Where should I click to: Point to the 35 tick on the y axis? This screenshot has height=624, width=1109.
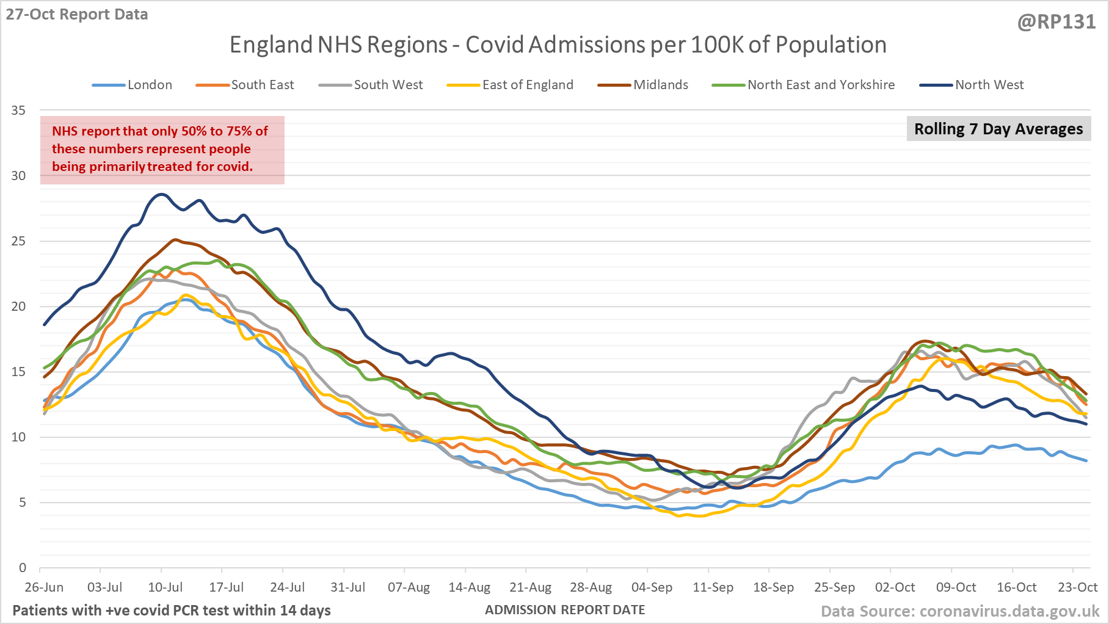[x=18, y=111]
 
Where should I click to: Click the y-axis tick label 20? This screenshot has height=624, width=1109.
[x=18, y=307]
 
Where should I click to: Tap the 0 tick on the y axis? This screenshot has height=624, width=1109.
[x=23, y=568]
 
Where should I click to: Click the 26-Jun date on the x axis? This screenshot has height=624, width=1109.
[x=44, y=587]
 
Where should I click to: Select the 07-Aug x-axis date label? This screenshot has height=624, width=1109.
[x=409, y=587]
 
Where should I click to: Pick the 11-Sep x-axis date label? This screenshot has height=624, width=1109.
[x=713, y=587]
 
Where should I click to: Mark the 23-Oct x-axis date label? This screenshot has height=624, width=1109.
[x=1077, y=587]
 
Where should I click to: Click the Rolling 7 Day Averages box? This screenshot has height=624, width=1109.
[x=998, y=129]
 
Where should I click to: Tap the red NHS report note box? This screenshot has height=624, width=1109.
[x=162, y=150]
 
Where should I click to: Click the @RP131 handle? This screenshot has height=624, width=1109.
[x=1056, y=22]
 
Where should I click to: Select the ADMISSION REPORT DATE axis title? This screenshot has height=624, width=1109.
[x=565, y=609]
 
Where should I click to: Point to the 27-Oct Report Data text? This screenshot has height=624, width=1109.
[x=77, y=15]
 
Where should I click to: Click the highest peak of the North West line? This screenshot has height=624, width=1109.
[x=161, y=194]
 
